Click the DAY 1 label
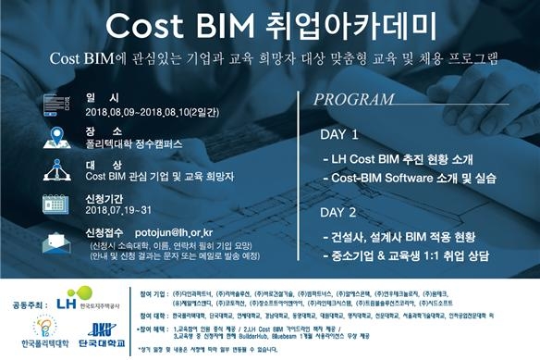(338, 134)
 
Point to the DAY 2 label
(338, 212)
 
